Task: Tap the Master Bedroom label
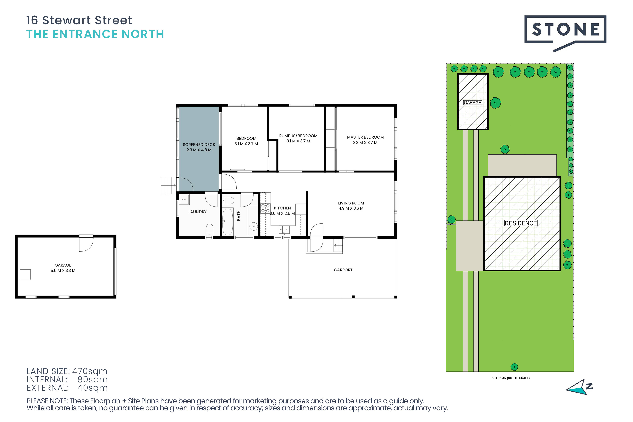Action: point(365,137)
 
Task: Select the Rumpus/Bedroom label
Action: point(298,136)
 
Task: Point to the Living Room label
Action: point(351,203)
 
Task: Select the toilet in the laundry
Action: point(209,230)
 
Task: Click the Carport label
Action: point(343,270)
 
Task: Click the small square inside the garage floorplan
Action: point(25,275)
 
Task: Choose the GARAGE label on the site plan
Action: point(472,103)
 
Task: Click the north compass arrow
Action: point(579,388)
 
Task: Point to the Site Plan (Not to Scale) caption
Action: point(510,378)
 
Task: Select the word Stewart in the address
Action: point(67,20)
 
